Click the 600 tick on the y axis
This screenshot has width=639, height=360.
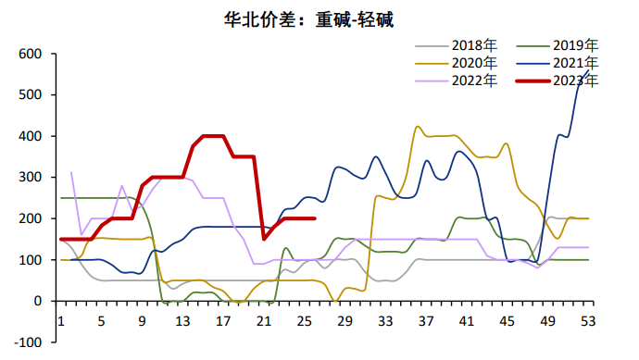point(31,55)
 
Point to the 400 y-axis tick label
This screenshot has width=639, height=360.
point(31,137)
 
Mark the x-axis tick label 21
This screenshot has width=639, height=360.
point(263,321)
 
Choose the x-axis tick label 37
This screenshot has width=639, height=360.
point(426,321)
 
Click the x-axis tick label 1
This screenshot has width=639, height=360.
point(61,321)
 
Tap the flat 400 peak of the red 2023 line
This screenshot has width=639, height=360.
point(213,136)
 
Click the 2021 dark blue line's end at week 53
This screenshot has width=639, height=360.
point(589,70)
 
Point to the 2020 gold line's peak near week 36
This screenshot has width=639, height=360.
point(418,127)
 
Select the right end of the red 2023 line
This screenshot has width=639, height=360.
point(315,218)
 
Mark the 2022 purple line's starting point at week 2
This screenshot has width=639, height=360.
point(71,172)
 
